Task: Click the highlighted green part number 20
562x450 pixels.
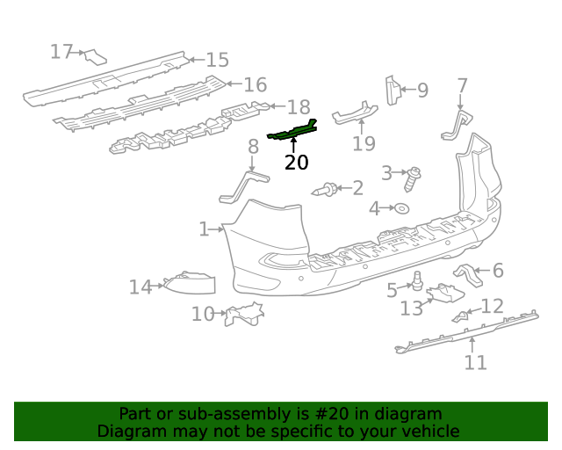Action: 292,132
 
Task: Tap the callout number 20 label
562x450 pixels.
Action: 297,163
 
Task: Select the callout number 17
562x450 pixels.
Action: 61,52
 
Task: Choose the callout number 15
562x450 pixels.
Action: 217,60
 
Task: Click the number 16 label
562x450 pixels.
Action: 255,85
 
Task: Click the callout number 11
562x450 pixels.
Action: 475,362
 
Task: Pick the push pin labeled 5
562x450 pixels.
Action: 418,281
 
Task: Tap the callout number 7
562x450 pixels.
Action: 462,86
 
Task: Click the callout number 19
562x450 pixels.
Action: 364,143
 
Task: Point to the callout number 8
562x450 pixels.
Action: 253,146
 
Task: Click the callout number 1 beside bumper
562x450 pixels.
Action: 204,229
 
